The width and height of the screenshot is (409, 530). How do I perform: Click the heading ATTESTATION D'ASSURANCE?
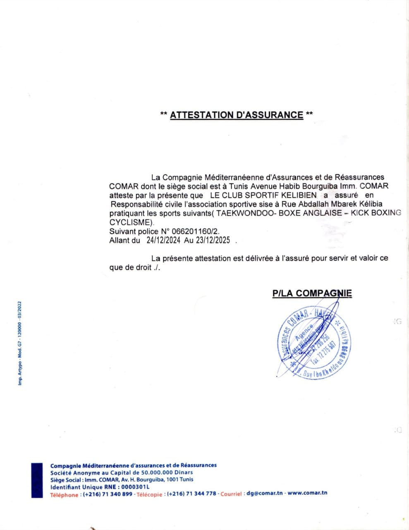click(x=237, y=115)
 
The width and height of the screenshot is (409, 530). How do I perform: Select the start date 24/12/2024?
click(x=163, y=241)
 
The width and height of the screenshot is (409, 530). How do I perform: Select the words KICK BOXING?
click(x=376, y=213)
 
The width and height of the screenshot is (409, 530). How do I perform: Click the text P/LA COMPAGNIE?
click(x=312, y=294)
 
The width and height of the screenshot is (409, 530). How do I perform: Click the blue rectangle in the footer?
click(x=37, y=480)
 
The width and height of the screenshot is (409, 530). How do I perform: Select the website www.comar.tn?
click(x=307, y=493)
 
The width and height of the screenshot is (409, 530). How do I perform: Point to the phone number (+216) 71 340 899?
click(x=108, y=494)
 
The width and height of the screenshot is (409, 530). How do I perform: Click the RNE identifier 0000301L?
click(x=135, y=487)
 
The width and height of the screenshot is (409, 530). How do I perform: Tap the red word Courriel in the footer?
click(x=231, y=494)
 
